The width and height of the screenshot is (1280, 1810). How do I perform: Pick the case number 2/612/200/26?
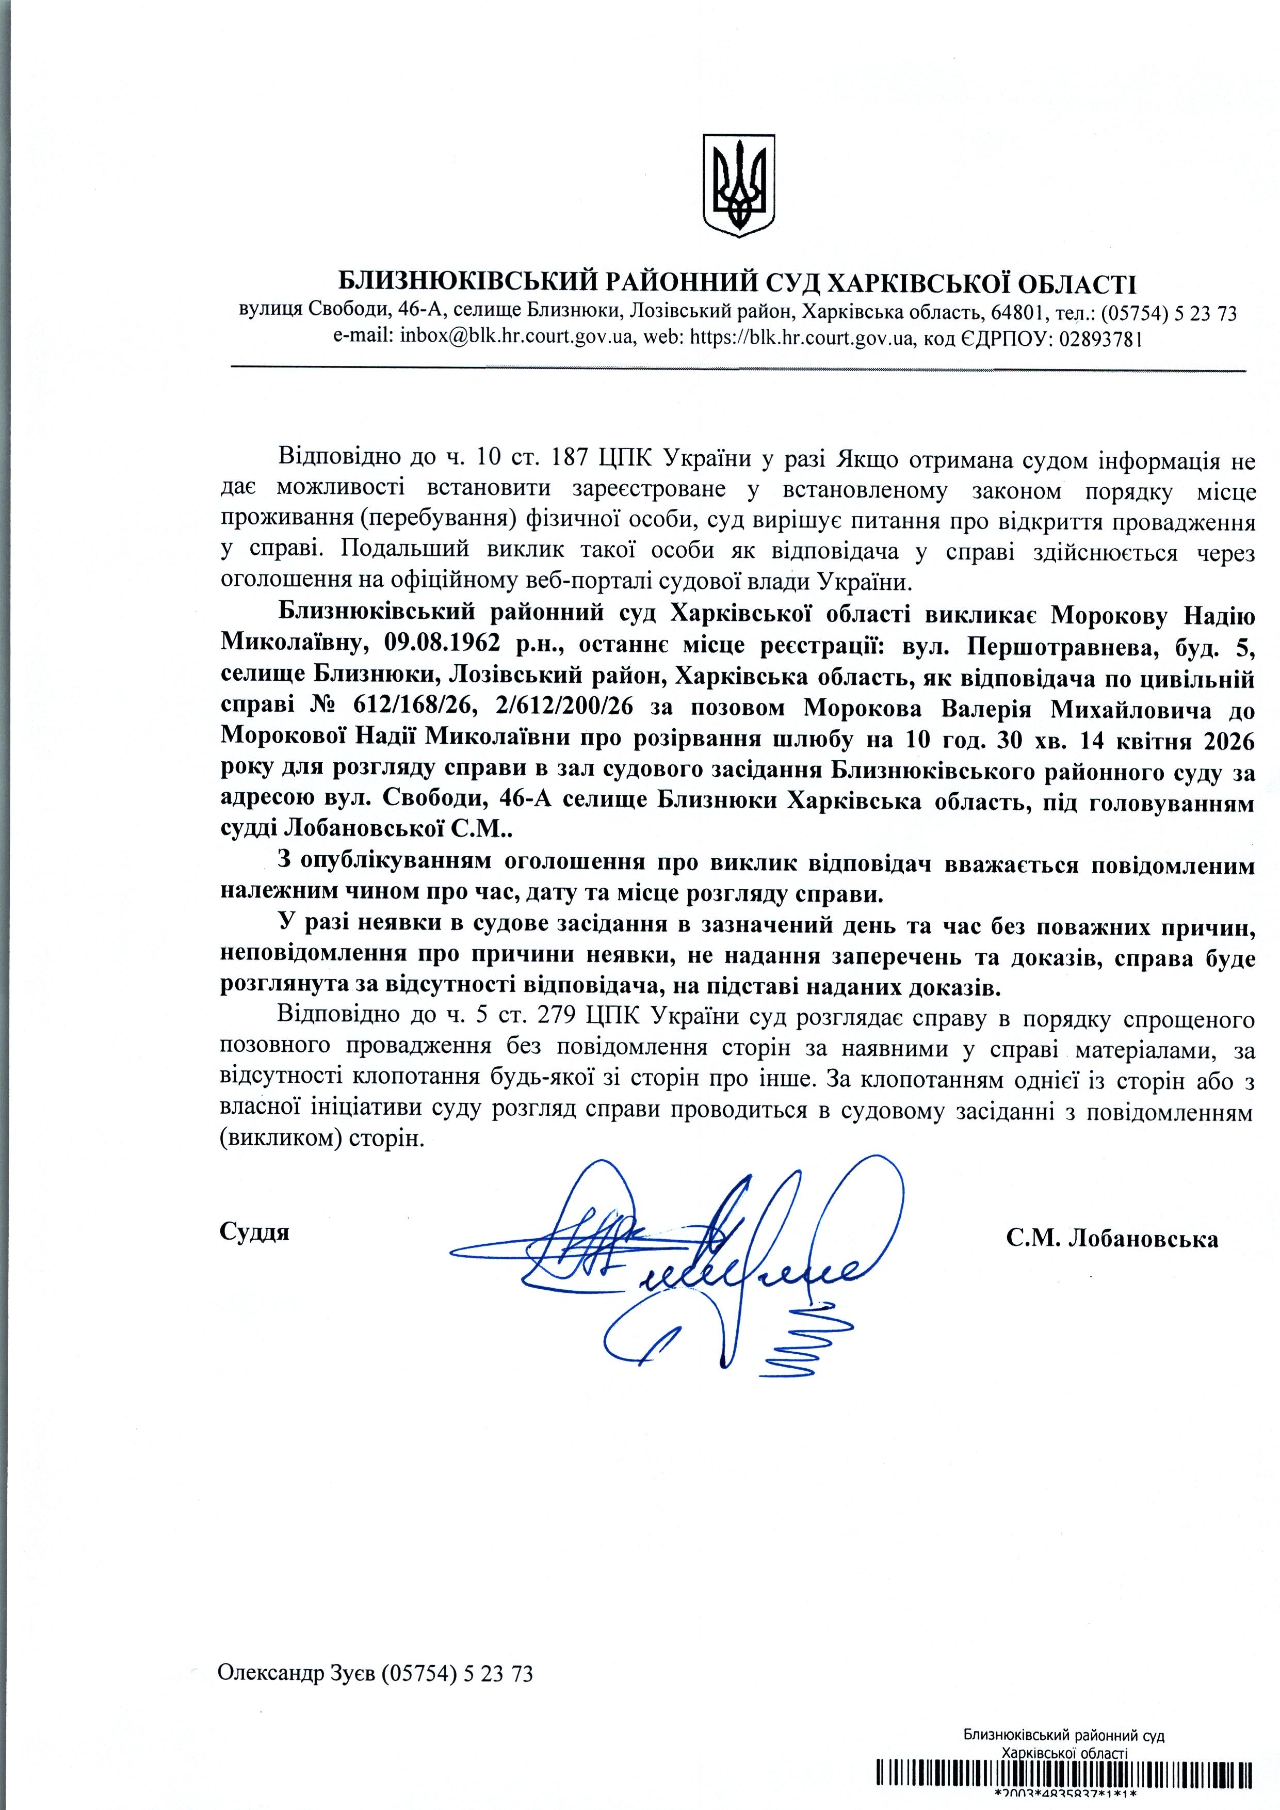(565, 708)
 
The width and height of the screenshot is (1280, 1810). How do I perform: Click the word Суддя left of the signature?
(254, 1232)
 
